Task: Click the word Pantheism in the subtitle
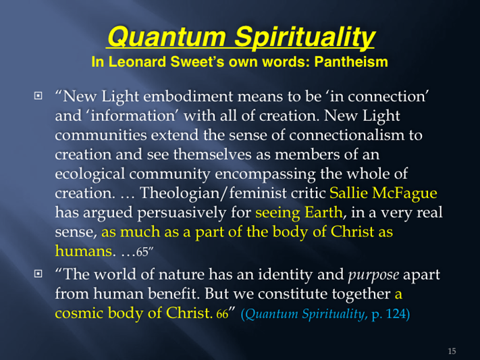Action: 351,62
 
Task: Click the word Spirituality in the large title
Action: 304,36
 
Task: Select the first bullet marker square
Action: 38,96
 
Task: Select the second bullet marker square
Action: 38,274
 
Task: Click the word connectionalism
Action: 346,135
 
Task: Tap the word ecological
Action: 90,174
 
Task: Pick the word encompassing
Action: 265,174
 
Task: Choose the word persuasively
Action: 182,213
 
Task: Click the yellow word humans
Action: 83,251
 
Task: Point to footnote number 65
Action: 142,252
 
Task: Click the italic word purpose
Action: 373,275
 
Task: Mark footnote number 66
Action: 223,314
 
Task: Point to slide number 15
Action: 452,351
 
